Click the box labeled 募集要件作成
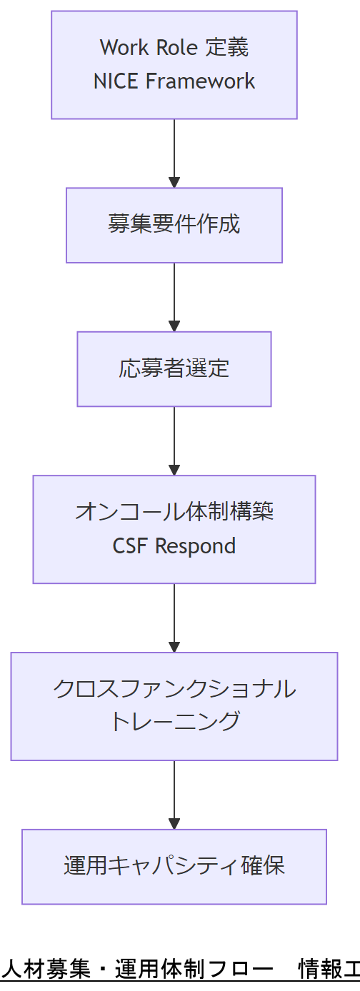174,225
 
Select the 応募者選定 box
174,368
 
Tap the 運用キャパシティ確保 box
174,866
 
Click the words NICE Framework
174,81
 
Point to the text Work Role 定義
174,48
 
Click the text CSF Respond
174,546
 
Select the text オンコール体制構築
174,512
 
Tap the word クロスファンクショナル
174,689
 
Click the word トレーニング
174,722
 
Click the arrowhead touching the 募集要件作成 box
174,182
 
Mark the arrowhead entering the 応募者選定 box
174,326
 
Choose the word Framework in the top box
200,81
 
